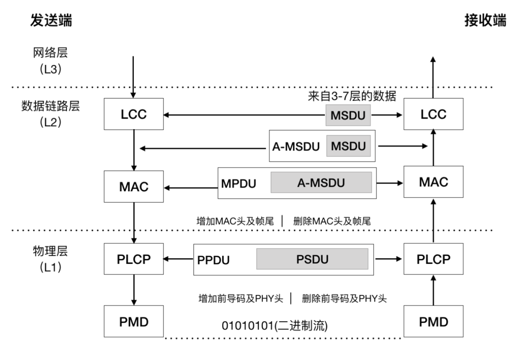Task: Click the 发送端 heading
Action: (x=51, y=21)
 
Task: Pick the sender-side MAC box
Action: (x=133, y=186)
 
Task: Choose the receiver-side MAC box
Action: (x=433, y=182)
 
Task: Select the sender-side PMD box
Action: (x=133, y=321)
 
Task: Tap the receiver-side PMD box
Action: (x=433, y=321)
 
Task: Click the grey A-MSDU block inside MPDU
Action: (x=321, y=183)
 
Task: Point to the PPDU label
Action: (x=214, y=261)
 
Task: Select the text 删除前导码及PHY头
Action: (x=344, y=299)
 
